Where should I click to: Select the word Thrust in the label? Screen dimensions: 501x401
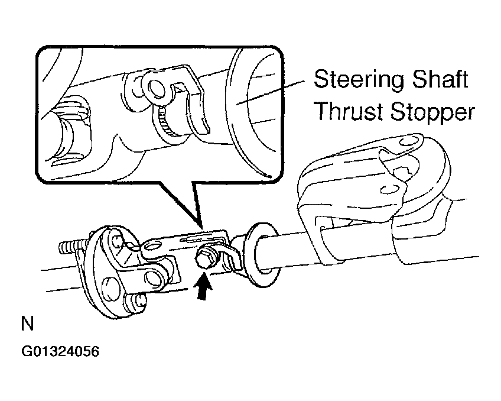click(x=350, y=111)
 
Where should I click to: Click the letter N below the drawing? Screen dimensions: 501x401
click(x=27, y=324)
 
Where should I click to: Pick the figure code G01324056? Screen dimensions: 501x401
click(x=60, y=351)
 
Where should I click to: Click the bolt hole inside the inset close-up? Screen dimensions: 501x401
click(x=154, y=88)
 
